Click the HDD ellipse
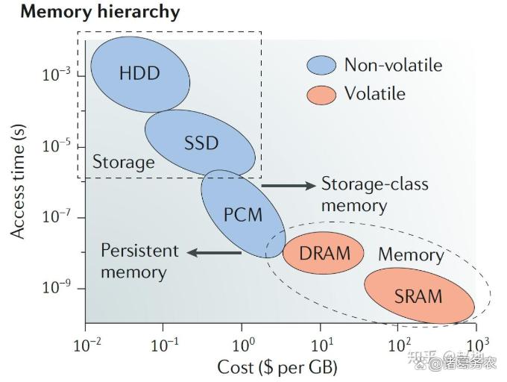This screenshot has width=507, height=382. click(139, 73)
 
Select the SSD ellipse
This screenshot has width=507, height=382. click(200, 142)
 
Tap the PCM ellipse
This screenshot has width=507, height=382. click(243, 214)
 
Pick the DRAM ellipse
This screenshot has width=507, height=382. click(324, 252)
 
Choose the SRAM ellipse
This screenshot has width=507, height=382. click(418, 295)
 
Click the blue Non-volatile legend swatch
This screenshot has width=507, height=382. click(321, 66)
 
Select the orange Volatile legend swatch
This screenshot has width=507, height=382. click(321, 95)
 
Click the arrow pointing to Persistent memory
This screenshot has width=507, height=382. click(213, 252)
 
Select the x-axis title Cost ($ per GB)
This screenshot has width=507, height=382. click(277, 367)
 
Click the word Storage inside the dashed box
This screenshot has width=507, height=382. click(123, 162)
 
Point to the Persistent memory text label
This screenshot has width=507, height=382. click(139, 260)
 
